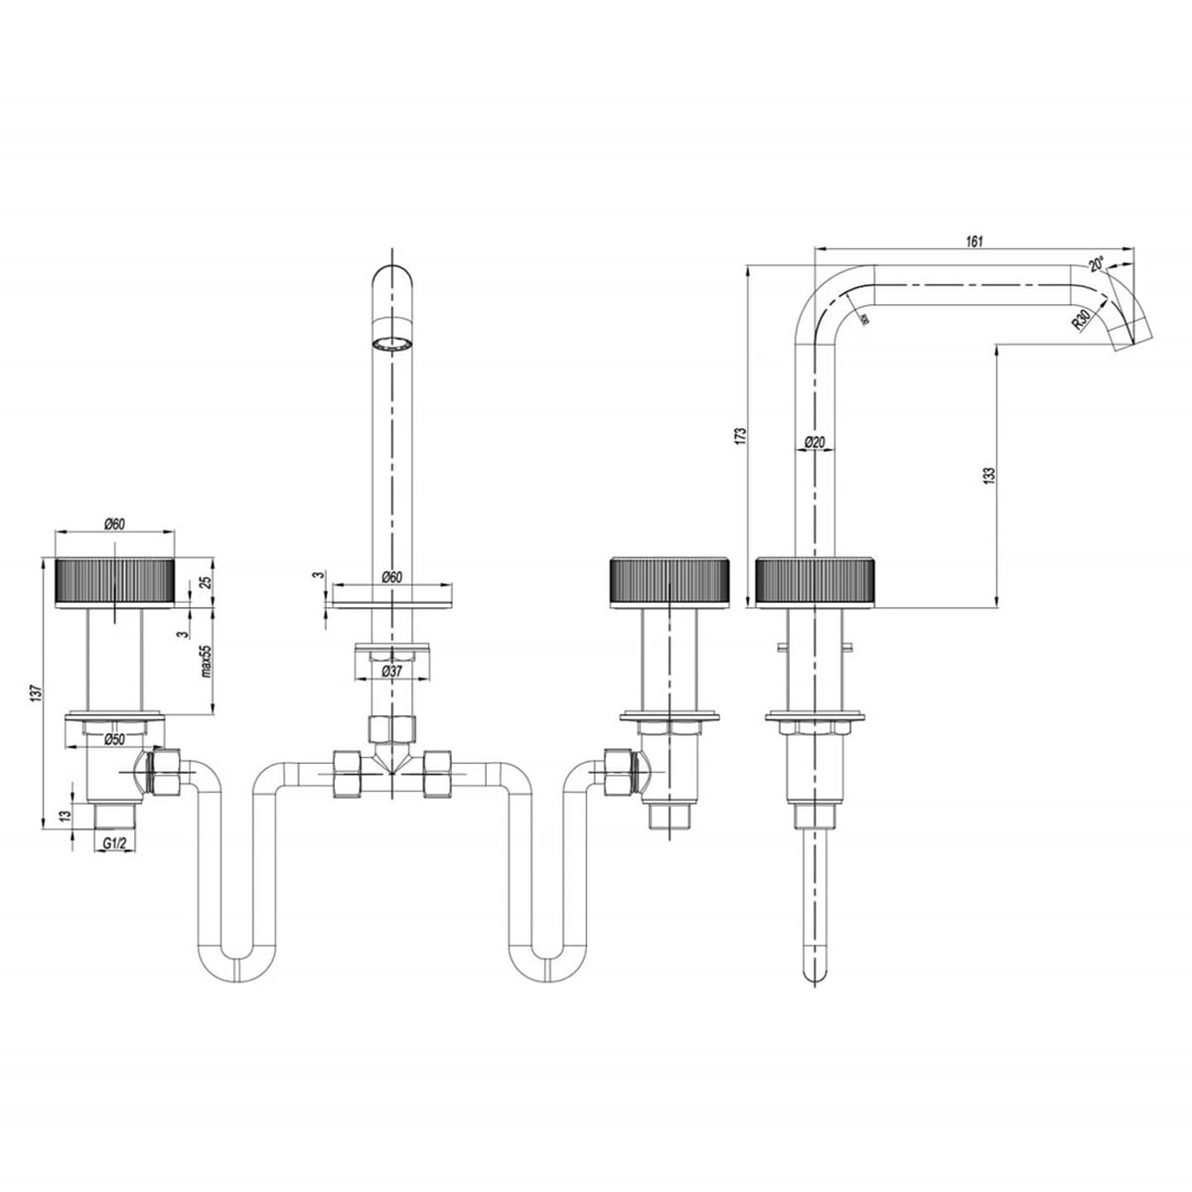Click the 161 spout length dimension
(973, 240)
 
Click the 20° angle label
(1096, 264)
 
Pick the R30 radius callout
(1082, 320)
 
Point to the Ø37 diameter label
(393, 671)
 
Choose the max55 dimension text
(207, 661)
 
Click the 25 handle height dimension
(207, 581)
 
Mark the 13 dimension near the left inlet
(66, 817)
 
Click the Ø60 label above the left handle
(113, 524)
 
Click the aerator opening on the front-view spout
(391, 346)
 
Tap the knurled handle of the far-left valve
(117, 580)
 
